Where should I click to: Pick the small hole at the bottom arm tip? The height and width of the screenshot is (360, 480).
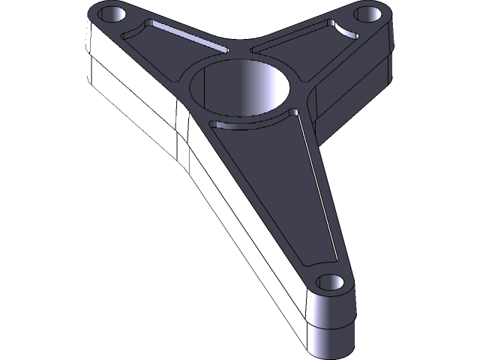[x=328, y=282]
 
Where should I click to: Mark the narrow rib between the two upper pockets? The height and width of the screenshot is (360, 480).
[x=238, y=49]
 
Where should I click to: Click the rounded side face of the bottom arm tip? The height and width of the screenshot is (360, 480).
[x=330, y=330]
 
